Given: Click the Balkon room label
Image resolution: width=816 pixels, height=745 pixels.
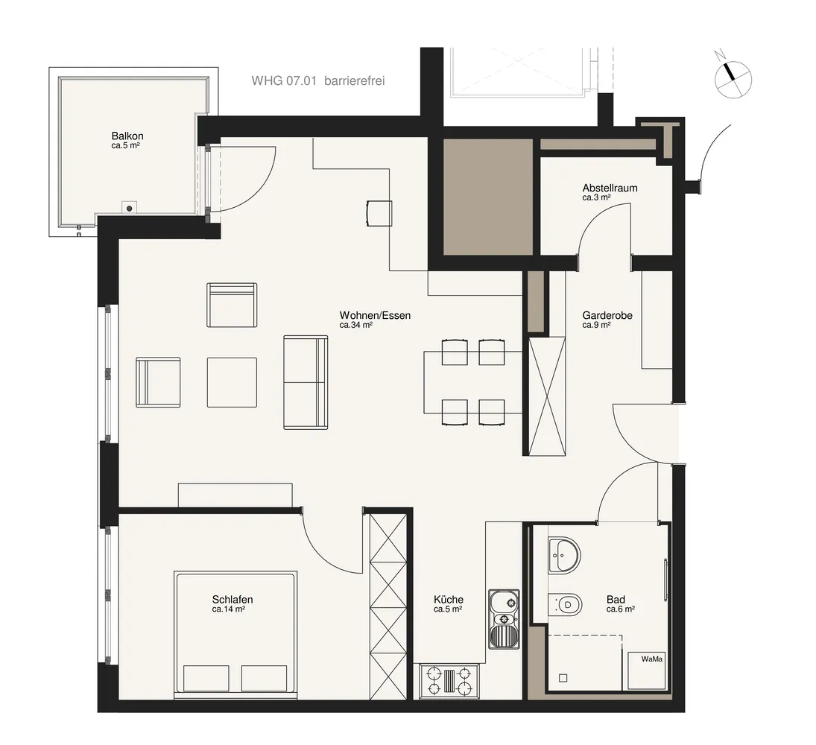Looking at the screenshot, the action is tap(127, 136).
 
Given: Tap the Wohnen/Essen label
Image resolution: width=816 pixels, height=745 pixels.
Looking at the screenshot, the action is tap(375, 315).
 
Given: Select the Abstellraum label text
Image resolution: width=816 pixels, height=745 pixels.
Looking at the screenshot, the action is tap(610, 188).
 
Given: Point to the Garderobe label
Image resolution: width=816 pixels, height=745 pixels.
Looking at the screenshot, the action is tap(607, 315).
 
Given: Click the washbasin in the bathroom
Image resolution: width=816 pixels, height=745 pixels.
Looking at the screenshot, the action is tap(563, 556).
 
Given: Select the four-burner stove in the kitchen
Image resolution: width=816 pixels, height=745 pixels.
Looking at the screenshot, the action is tap(449, 681).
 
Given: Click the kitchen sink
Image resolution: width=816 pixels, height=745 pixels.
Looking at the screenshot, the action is tap(504, 619).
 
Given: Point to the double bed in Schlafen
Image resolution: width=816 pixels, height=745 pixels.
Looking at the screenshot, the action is tap(235, 635).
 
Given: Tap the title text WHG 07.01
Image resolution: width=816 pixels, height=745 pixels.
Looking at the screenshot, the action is tap(284, 80).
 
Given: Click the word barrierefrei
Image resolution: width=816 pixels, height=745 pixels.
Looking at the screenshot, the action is tap(355, 80).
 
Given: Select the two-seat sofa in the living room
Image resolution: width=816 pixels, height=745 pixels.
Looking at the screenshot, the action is tap(306, 382).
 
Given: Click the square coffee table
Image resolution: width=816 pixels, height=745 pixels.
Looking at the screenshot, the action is tap(232, 382).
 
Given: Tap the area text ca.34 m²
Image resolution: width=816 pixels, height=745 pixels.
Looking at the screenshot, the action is tap(356, 325).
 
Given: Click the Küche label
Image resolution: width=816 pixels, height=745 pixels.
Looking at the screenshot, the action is tap(449, 599).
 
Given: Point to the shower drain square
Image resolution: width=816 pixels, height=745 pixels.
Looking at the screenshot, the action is tap(563, 679).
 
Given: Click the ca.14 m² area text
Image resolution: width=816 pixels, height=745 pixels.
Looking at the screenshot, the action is tap(229, 609).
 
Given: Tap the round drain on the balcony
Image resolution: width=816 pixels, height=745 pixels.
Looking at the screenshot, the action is tap(129, 208).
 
